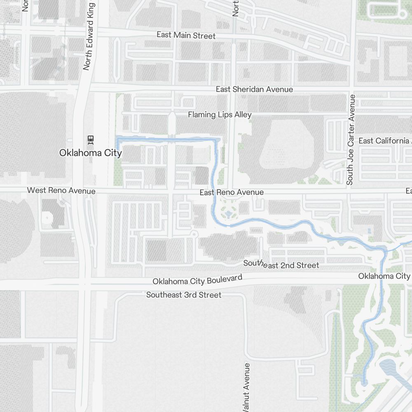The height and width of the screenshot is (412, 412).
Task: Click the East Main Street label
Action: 186,35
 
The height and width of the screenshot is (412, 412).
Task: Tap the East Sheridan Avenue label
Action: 254,89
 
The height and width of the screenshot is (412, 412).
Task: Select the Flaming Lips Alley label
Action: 220,115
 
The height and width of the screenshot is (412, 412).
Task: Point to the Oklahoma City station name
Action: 90,153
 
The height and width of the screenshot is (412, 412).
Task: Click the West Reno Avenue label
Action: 61,191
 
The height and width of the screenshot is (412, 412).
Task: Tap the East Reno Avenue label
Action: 232,192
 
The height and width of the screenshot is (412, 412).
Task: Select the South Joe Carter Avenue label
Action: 351,140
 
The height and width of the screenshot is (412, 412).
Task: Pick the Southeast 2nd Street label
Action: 281,265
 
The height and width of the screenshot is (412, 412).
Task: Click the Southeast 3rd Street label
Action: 184,295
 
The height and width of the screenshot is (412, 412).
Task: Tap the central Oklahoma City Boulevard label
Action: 197,280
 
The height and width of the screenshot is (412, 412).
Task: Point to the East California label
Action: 384,141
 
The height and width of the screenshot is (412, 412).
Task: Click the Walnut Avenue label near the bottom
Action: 246,387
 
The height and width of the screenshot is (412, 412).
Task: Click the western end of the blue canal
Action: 118,142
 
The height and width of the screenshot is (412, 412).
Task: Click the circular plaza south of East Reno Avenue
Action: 228,214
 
